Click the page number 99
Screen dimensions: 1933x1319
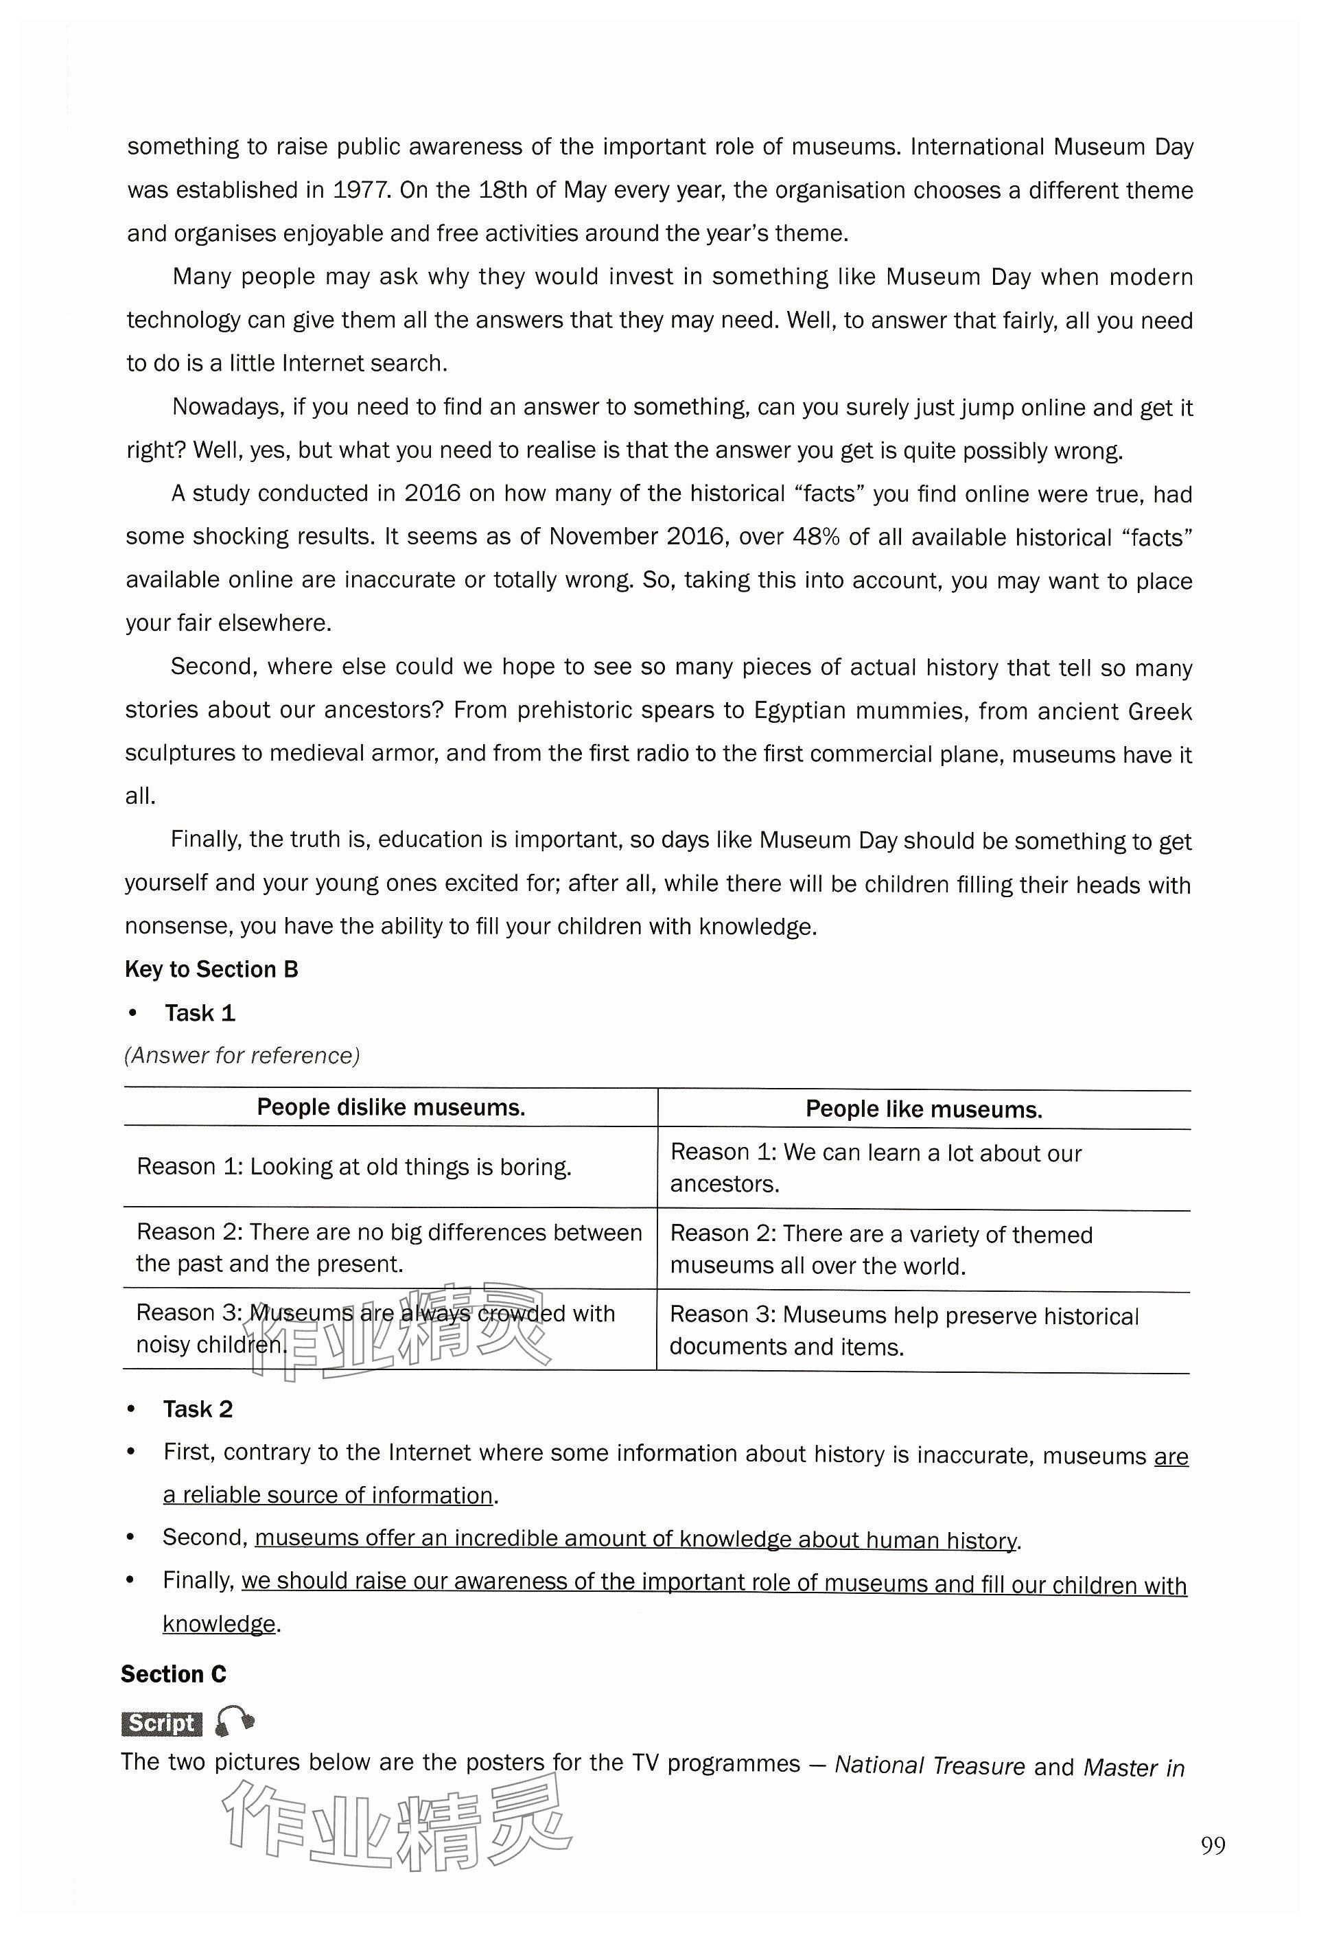[x=1213, y=1846]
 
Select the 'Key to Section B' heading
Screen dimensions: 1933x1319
[x=211, y=969]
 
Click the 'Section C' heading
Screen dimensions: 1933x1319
[x=173, y=1674]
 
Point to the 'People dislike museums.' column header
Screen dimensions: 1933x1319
[x=391, y=1107]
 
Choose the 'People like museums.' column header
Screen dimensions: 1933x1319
[x=923, y=1109]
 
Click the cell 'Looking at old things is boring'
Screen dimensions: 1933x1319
[x=354, y=1166]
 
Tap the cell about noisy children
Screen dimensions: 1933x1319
[x=375, y=1328]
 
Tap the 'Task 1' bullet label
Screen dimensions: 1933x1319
[x=200, y=1013]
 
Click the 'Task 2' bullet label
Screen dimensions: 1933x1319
[x=198, y=1409]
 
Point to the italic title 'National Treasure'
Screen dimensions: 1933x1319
[x=929, y=1766]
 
